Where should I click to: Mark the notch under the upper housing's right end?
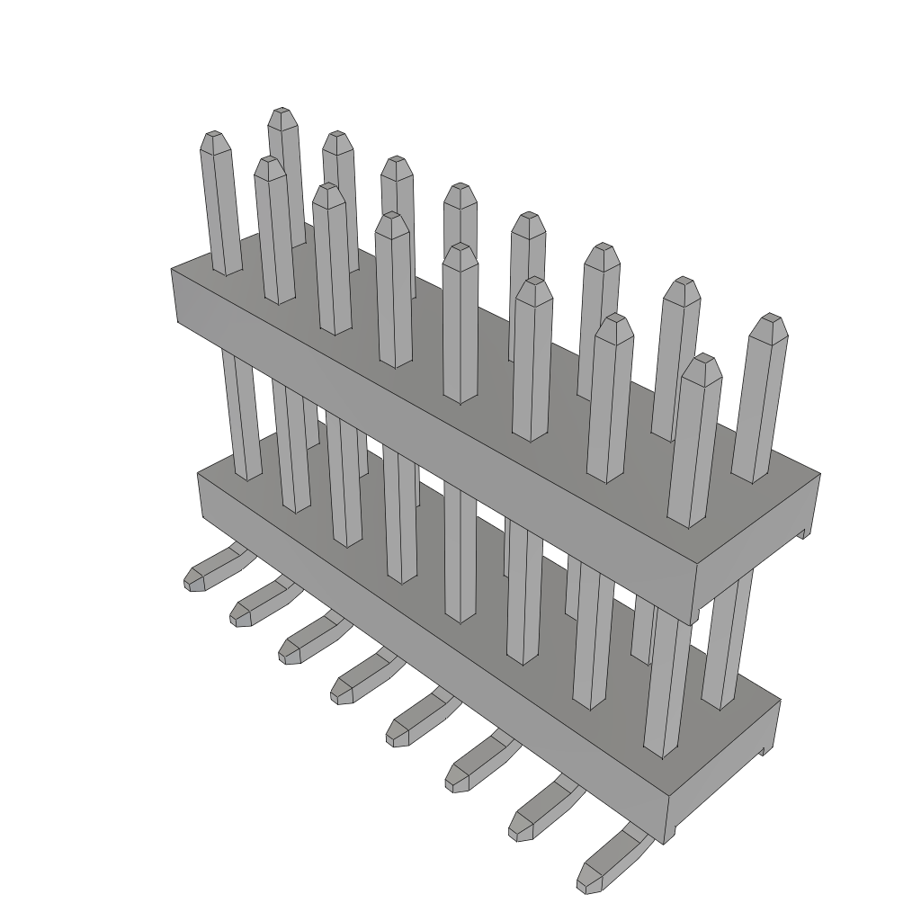pyautogui.click(x=803, y=533)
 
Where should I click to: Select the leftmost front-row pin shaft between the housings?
pyautogui.click(x=241, y=414)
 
